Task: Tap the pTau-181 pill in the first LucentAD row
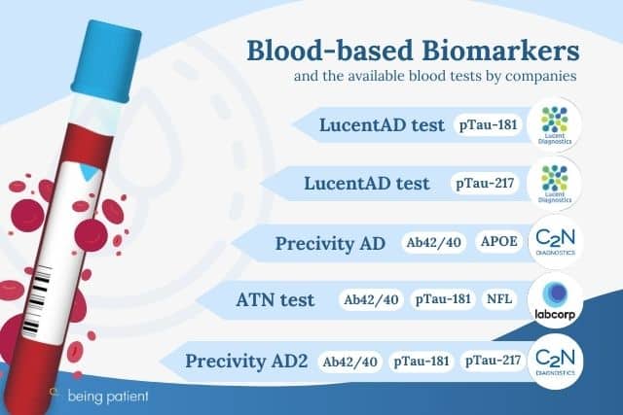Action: (x=488, y=125)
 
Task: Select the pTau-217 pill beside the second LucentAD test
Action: (x=485, y=184)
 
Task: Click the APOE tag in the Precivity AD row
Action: (x=499, y=242)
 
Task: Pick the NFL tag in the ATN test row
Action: (x=499, y=298)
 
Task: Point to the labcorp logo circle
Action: (x=555, y=301)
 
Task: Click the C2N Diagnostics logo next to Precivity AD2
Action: (x=555, y=362)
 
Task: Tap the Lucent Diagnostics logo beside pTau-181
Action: (x=555, y=125)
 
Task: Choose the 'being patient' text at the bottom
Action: (x=108, y=396)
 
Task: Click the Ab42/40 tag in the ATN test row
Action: (x=371, y=299)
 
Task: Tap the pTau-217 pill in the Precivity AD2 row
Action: (x=494, y=361)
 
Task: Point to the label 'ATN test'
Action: (x=275, y=300)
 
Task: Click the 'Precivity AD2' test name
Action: (x=246, y=362)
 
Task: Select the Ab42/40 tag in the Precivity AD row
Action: (x=433, y=242)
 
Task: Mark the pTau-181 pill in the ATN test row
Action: (x=443, y=298)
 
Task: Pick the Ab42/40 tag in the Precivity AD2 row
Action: (x=350, y=362)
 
